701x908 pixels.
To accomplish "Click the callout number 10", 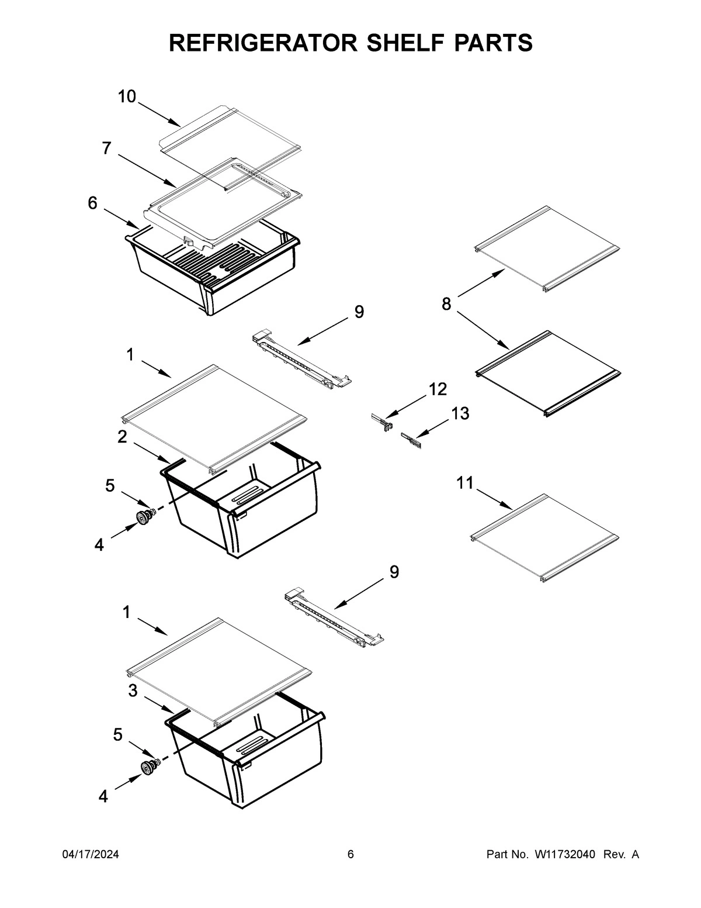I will (127, 96).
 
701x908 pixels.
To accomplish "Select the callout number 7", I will (106, 149).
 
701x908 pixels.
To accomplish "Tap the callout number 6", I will (92, 203).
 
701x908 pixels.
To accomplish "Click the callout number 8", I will (446, 304).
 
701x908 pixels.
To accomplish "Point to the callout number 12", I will (438, 389).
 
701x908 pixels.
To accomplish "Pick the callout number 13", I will (460, 413).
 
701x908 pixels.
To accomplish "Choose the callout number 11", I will (465, 483).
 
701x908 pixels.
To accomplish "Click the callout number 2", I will (122, 437).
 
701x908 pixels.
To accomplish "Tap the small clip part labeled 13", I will (410, 438).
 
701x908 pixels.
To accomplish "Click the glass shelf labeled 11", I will (543, 538).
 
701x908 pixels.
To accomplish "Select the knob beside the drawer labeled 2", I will (143, 516).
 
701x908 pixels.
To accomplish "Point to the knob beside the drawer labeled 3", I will (148, 767).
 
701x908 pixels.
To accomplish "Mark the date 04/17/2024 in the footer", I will (91, 855).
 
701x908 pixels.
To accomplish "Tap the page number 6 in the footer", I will (350, 855).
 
